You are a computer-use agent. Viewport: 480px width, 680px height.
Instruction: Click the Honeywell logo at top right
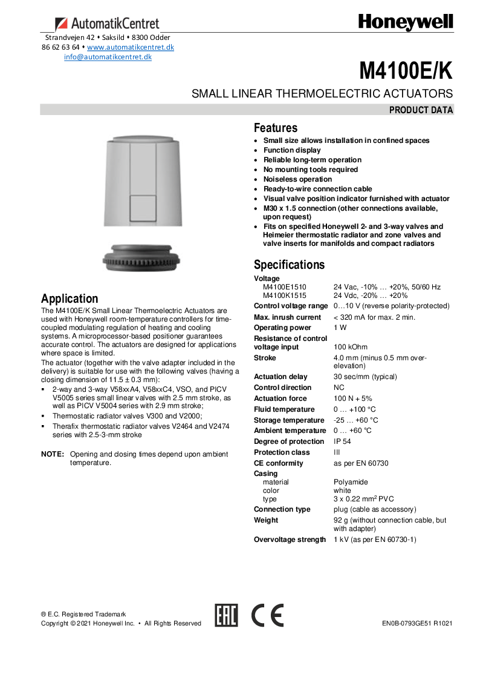tap(405, 22)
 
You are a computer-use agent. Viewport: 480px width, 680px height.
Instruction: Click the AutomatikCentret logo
tap(108, 24)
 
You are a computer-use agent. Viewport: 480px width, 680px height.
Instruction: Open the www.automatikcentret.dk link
tap(131, 47)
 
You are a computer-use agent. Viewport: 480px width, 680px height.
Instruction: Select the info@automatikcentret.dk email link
tap(108, 57)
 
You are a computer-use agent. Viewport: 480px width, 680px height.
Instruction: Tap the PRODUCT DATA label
tap(421, 110)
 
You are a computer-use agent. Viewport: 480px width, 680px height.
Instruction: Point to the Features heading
tap(276, 128)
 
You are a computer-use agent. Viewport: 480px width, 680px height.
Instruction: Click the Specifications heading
tap(289, 265)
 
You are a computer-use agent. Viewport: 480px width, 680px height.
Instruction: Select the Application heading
tap(70, 299)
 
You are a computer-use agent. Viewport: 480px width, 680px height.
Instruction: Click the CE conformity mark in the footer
tap(267, 615)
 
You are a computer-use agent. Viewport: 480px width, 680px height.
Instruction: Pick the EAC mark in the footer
tap(227, 615)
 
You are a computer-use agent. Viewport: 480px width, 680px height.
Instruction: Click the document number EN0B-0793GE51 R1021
tap(417, 624)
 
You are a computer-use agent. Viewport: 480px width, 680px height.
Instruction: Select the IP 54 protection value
tap(343, 441)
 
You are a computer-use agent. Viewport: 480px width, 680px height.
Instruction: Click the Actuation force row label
tap(281, 398)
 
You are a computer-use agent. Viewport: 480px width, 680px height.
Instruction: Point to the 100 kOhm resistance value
tap(351, 347)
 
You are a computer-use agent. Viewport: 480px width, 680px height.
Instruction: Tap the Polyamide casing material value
tap(351, 482)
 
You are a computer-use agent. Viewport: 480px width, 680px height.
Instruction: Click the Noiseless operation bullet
tap(297, 179)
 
